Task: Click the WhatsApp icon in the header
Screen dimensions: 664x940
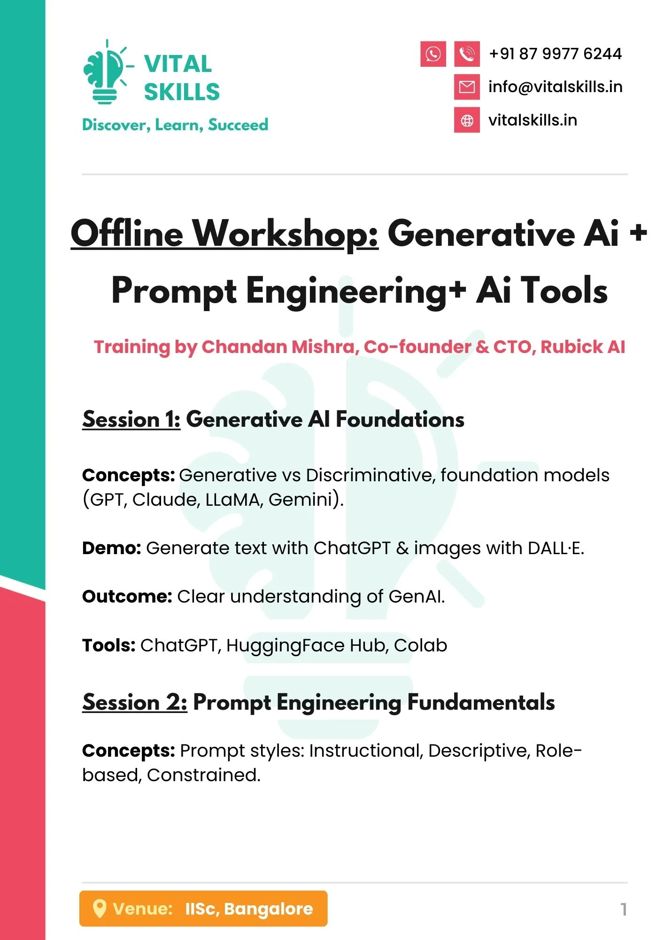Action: tap(433, 54)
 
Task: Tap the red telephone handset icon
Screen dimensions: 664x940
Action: tap(467, 54)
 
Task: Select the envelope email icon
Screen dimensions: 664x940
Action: tap(467, 87)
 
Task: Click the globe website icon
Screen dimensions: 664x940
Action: tap(467, 120)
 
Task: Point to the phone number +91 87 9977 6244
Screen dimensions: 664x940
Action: tap(556, 54)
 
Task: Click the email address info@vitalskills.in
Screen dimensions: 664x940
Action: tap(556, 87)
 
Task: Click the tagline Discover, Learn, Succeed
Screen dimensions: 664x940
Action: tap(175, 125)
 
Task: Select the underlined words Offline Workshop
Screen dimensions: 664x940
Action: tap(224, 234)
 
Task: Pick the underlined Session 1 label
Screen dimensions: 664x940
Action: tap(131, 419)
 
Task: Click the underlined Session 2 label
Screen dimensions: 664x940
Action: tap(135, 702)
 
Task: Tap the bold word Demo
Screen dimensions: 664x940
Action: tap(112, 548)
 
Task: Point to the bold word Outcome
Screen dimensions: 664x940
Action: tap(127, 597)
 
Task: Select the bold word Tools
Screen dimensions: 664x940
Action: tap(109, 646)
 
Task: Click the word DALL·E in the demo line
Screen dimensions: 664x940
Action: tap(556, 548)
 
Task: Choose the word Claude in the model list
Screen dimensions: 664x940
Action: tap(166, 500)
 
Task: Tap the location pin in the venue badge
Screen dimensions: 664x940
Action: tap(99, 909)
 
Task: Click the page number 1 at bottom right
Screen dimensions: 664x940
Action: tap(624, 909)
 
